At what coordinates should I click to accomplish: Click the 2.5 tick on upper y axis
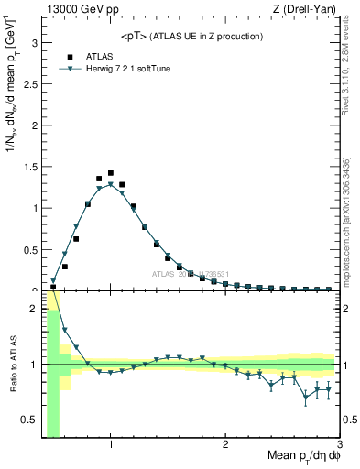(31, 83)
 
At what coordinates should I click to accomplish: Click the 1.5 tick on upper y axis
(31, 166)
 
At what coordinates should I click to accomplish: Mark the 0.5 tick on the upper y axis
(31, 248)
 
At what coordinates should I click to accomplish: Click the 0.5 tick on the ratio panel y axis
(31, 420)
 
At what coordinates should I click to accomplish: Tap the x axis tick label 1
(111, 445)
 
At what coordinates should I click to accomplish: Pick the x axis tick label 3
(339, 445)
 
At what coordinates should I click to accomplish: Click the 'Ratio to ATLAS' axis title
(12, 365)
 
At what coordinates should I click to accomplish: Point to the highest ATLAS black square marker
(111, 173)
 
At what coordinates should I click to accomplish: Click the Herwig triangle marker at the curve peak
(111, 184)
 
